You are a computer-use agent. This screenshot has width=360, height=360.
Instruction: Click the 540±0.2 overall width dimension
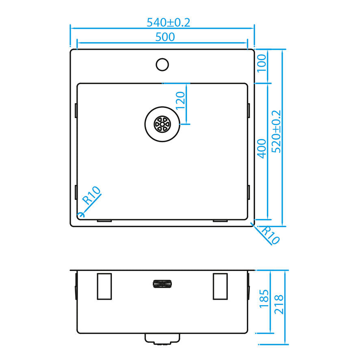click(x=168, y=22)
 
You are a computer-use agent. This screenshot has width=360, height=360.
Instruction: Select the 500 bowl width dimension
click(x=165, y=37)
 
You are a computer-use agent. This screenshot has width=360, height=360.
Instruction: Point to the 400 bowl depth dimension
click(x=262, y=148)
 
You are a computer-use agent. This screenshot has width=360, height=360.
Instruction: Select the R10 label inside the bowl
click(x=91, y=195)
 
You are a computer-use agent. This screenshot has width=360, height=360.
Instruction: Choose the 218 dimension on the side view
click(x=279, y=304)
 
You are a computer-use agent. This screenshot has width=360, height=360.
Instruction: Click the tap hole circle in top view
click(x=163, y=64)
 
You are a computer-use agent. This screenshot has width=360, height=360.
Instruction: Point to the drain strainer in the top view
click(x=162, y=124)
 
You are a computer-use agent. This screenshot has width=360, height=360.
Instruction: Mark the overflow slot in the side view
click(x=162, y=284)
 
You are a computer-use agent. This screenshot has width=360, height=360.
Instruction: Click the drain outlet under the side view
click(x=163, y=338)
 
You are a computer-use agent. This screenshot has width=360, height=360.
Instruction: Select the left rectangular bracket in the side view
click(x=104, y=286)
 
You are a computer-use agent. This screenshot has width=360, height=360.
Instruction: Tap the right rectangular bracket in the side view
click(x=220, y=286)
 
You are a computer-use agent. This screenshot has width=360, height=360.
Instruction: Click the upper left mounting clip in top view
click(x=76, y=111)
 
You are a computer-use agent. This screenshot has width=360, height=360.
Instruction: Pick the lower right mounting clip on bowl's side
click(x=248, y=192)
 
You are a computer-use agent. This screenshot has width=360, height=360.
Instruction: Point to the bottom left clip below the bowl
click(x=104, y=221)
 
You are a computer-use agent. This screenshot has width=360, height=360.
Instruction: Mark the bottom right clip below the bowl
click(x=220, y=221)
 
